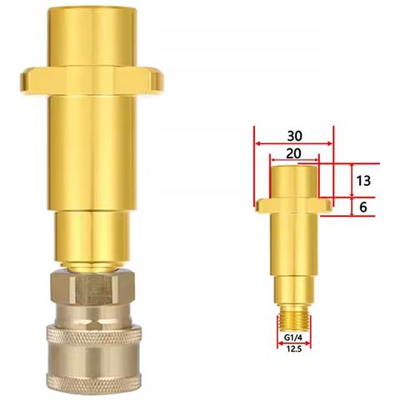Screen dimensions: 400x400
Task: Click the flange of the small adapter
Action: (x=294, y=205)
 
